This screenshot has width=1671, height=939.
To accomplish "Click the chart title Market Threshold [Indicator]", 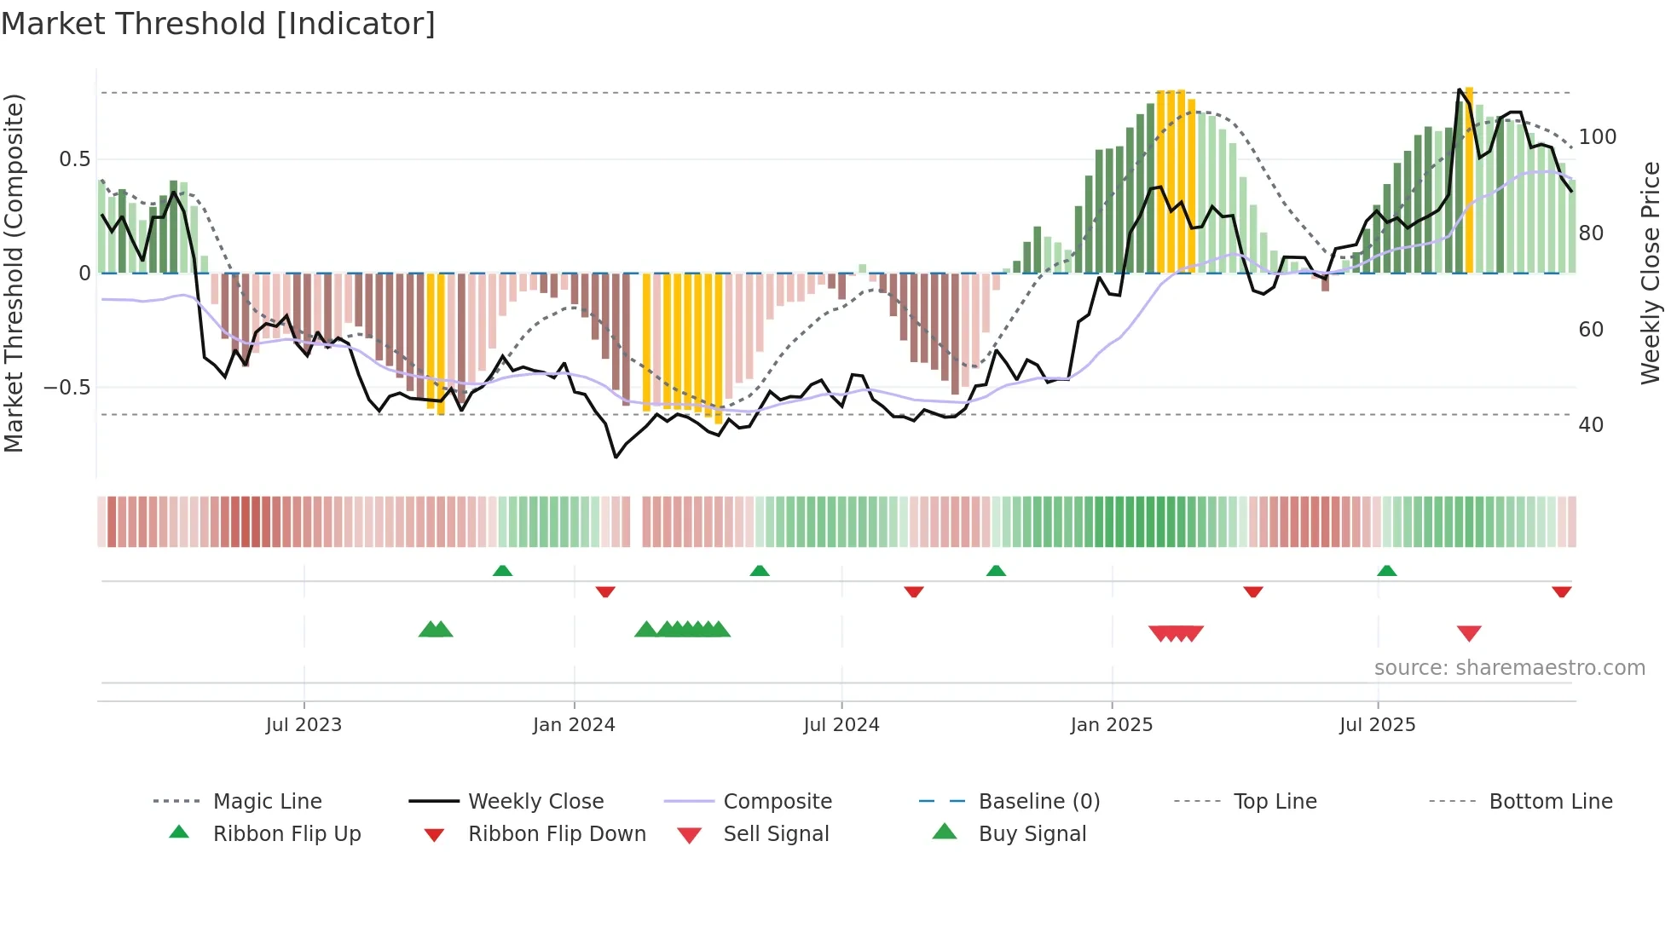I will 218,24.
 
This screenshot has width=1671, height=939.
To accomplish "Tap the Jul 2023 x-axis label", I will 304,725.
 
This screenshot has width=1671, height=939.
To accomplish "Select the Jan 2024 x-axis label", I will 574,725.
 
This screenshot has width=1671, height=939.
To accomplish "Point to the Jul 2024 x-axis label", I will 841,725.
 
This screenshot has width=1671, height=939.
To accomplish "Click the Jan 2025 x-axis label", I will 1112,725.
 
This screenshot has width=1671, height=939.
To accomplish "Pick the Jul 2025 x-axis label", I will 1378,725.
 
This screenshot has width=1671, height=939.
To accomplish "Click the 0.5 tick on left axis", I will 75,159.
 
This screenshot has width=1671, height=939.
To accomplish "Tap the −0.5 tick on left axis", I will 67,388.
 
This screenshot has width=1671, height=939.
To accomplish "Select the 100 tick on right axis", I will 1597,137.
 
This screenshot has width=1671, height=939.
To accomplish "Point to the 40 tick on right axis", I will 1591,425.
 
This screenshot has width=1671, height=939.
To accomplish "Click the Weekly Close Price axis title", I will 1651,273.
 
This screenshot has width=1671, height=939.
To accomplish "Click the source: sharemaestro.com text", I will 1509,668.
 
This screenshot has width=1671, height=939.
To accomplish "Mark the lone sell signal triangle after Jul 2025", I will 1469,633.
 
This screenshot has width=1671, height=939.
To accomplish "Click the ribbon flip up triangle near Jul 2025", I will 1387,571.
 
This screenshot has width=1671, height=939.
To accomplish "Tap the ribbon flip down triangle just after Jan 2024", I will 605,591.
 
